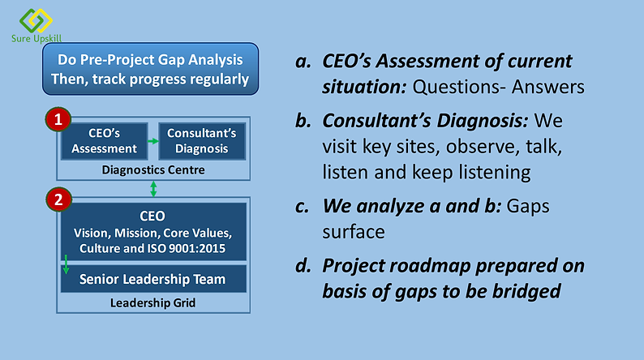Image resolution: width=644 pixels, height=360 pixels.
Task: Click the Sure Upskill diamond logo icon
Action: click(x=36, y=20)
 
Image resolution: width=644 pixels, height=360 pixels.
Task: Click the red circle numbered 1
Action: click(x=58, y=119)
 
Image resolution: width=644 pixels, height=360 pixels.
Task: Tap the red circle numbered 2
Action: click(x=58, y=199)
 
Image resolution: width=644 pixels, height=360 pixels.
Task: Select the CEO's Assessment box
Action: click(x=105, y=141)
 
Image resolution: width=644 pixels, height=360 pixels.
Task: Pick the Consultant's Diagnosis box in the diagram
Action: click(x=202, y=141)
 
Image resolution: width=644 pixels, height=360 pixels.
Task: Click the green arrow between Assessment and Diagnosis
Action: click(x=153, y=141)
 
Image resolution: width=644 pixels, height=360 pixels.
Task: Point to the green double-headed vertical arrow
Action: click(x=153, y=189)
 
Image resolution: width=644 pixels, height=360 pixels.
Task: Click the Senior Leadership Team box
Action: click(x=153, y=279)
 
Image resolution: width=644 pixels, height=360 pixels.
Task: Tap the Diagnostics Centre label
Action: click(x=153, y=170)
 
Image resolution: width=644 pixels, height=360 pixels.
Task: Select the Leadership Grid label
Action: click(x=152, y=303)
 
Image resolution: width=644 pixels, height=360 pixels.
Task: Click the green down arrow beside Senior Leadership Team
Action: click(x=66, y=264)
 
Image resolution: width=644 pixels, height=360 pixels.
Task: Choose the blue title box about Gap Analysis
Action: click(x=150, y=69)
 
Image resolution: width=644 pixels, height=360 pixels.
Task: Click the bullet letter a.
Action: click(x=303, y=62)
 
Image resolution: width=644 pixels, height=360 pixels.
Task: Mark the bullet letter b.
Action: click(x=303, y=121)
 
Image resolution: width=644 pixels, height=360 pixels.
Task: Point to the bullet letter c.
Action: click(x=303, y=207)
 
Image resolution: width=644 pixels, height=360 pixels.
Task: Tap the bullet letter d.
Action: click(x=303, y=266)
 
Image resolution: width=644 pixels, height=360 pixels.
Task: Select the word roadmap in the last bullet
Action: click(x=429, y=266)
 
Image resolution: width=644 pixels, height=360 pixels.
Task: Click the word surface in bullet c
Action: click(x=354, y=232)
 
